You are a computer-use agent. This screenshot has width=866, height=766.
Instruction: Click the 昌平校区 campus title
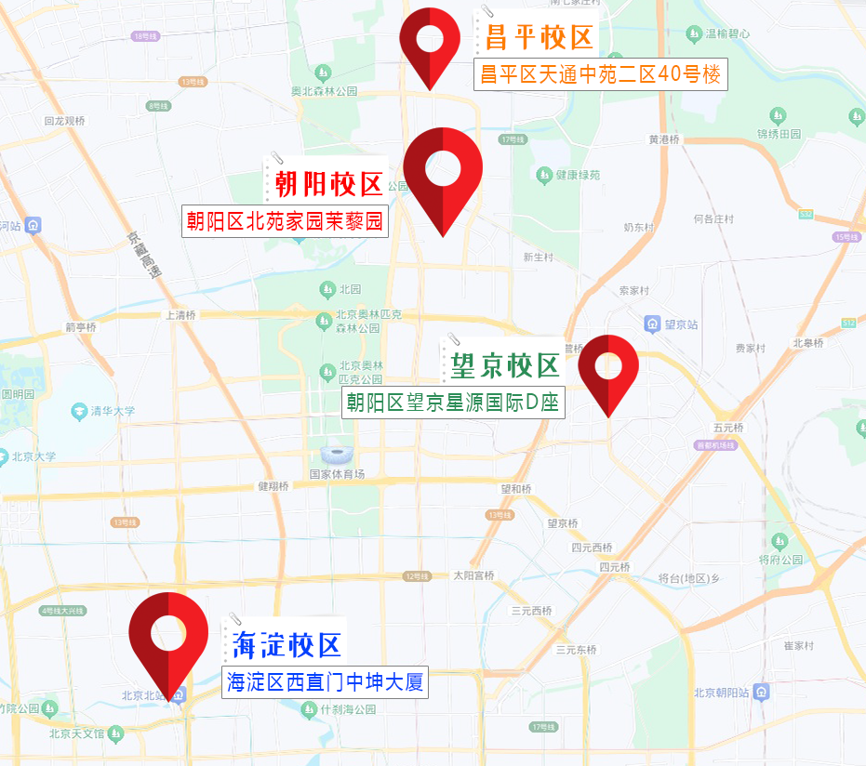(x=539, y=38)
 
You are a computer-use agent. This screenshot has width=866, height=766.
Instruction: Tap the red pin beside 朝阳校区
(x=443, y=172)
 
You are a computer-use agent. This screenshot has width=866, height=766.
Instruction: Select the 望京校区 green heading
(x=504, y=365)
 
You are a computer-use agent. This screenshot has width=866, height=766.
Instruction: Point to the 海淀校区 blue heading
(x=286, y=643)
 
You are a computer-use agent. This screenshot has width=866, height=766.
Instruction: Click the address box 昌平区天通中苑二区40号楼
(x=600, y=74)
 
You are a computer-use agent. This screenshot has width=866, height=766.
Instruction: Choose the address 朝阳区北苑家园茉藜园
(x=284, y=221)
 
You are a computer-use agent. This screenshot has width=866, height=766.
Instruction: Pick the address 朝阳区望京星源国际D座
(x=453, y=403)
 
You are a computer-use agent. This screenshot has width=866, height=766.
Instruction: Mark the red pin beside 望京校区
(x=608, y=366)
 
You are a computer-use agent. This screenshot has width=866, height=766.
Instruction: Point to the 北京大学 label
(x=34, y=456)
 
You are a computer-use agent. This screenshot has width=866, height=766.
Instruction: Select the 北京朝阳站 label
(x=724, y=693)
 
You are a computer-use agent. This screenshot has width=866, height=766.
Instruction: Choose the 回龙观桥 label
(x=64, y=121)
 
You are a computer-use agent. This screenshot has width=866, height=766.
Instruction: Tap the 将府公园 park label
(x=780, y=560)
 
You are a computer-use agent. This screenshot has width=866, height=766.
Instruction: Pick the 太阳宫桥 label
(x=473, y=575)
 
